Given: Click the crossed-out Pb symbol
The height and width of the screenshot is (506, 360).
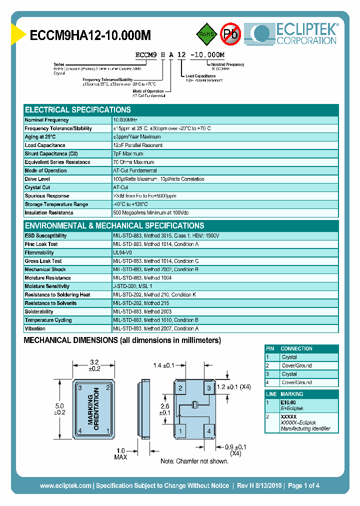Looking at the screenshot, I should pos(230,34).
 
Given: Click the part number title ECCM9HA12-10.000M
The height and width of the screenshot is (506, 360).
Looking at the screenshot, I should pos(90,35).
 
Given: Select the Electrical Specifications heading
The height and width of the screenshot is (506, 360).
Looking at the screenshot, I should pos(78,109).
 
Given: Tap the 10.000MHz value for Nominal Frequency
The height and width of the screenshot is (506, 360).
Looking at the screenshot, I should pos(125,120).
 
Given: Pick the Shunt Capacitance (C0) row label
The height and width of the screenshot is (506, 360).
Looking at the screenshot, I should pos(49,154).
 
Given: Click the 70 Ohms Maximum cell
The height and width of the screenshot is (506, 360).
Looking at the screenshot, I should pos(134,162).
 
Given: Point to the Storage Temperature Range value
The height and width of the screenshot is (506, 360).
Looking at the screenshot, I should pos(130,204).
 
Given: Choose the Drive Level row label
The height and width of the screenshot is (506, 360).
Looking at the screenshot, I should pos(37,179).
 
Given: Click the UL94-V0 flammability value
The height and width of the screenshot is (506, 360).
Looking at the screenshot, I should pos(122,253).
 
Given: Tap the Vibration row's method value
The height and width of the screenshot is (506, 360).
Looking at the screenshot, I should pos(156,328).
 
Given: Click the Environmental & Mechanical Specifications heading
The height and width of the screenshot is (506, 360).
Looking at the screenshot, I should pos(114,225).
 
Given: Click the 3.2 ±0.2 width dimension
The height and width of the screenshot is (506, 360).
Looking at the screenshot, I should pos(94,364).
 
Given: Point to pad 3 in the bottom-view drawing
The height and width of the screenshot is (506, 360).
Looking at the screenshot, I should pos(209,387).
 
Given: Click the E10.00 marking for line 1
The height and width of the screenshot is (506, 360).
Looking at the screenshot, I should pos(288,402).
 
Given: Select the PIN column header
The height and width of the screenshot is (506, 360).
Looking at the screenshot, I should pos(270,348).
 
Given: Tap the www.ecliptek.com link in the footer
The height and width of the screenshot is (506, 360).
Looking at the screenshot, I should pos(65,485).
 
